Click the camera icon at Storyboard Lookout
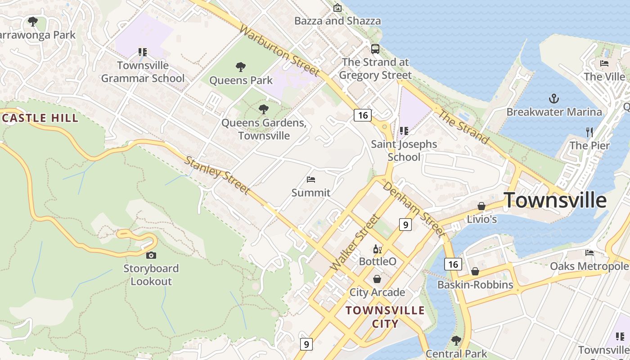(151, 255)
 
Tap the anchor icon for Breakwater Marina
(554, 98)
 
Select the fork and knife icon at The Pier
(589, 132)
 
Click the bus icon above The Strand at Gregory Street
(375, 49)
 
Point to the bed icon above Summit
(310, 179)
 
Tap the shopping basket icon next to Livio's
(481, 206)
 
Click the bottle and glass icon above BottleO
(377, 249)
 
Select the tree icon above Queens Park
(241, 67)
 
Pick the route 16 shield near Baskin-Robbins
(453, 264)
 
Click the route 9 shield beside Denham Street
(405, 224)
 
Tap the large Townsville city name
(554, 200)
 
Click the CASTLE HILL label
(40, 118)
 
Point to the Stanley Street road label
(217, 175)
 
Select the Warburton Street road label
(279, 50)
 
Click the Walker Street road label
(355, 243)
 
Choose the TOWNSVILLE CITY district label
(385, 317)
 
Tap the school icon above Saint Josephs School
(404, 131)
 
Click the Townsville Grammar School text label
(143, 72)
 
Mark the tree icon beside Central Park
(456, 340)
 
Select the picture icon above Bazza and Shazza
(337, 8)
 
